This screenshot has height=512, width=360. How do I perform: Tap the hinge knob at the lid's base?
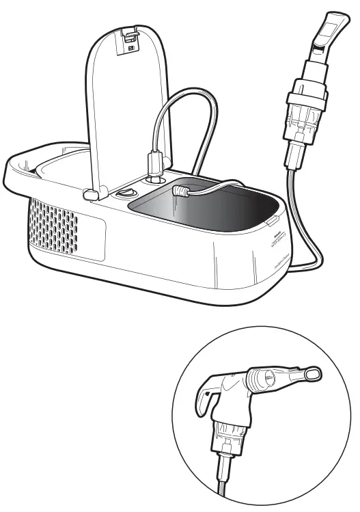point(89,194)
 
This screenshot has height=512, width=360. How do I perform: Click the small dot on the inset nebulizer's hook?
point(208,395)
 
